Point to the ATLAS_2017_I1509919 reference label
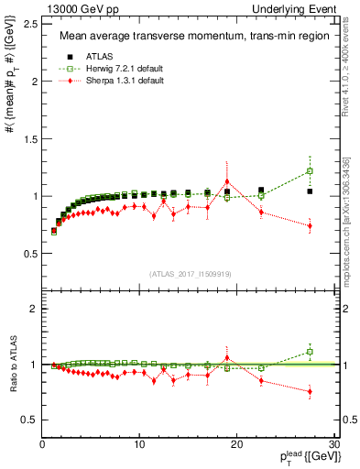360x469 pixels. click(x=190, y=272)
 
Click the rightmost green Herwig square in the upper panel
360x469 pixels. click(x=310, y=171)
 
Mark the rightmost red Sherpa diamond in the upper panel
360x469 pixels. click(x=310, y=225)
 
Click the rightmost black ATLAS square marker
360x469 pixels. click(x=310, y=191)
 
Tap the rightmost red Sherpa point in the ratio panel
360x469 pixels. click(x=310, y=392)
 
